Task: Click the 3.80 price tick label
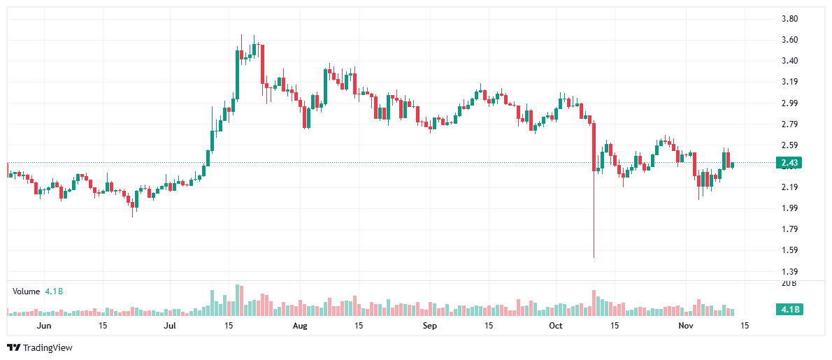(789, 19)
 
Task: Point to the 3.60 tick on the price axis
(789, 40)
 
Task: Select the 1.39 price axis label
(789, 271)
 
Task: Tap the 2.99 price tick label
(789, 103)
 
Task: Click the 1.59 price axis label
(789, 250)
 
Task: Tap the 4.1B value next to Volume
(54, 291)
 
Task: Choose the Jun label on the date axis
(43, 326)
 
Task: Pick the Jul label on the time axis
(170, 326)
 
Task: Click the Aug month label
(299, 326)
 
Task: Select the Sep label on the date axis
(429, 326)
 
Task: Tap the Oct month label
(556, 326)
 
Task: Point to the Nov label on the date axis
(686, 326)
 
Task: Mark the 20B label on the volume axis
(789, 283)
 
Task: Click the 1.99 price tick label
(789, 208)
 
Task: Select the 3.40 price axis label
(789, 61)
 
